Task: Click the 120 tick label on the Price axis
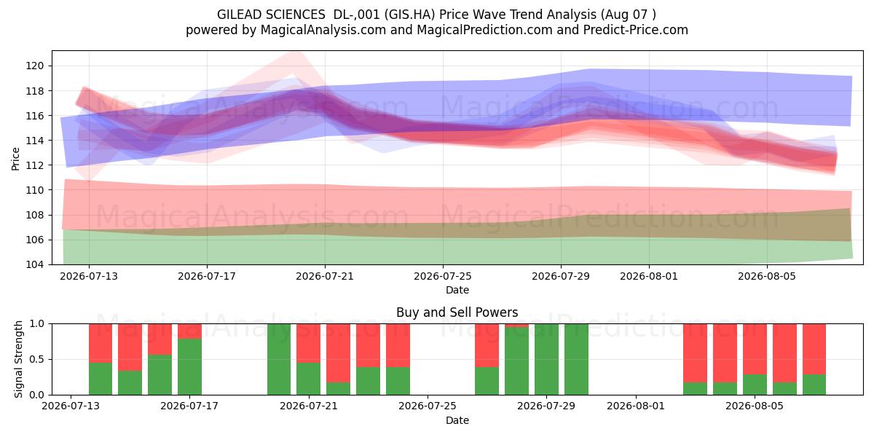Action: [35, 66]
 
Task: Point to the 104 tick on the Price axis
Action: [35, 264]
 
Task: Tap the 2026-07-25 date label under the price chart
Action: [443, 276]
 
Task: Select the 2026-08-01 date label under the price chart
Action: [649, 276]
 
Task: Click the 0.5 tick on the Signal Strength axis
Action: [36, 359]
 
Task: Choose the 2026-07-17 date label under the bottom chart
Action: [189, 406]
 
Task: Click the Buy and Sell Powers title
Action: [457, 312]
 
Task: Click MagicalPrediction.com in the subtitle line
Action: [484, 30]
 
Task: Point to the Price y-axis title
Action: [15, 159]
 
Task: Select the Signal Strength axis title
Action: [18, 359]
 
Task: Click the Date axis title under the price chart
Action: [457, 290]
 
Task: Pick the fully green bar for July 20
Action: [279, 359]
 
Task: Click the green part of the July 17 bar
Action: [189, 367]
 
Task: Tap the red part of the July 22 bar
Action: [338, 353]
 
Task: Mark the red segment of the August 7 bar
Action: [814, 349]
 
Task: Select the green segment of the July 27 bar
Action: [487, 381]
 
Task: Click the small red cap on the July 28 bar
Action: [516, 326]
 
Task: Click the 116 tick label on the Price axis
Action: [35, 116]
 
